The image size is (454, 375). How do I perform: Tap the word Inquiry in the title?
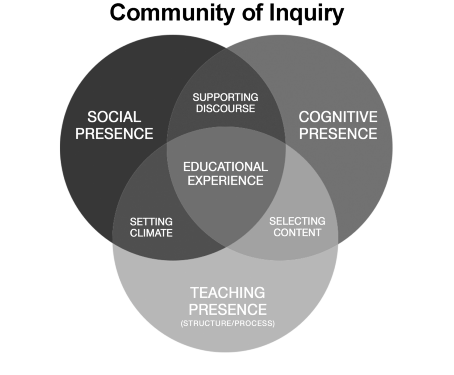tap(306, 13)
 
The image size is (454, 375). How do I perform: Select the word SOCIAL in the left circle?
tap(114, 117)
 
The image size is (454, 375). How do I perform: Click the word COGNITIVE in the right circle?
tap(338, 117)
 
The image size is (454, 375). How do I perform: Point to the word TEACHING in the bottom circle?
tap(227, 293)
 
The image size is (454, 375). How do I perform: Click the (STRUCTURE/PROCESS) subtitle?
tap(227, 324)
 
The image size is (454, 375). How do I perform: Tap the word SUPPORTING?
tap(225, 97)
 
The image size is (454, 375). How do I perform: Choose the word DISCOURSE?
tap(225, 109)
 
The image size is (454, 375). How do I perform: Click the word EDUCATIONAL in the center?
tap(225, 167)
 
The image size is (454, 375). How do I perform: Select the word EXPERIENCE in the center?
tap(225, 181)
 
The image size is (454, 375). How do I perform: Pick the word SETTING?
tap(151, 222)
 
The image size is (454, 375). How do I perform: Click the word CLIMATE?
tap(151, 233)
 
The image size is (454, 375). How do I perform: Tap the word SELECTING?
tap(297, 221)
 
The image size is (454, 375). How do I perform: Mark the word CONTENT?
tap(297, 232)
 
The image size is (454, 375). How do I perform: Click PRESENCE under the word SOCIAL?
tap(114, 133)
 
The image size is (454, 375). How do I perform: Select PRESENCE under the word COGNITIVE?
tap(338, 133)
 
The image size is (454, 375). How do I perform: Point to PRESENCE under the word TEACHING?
tap(227, 309)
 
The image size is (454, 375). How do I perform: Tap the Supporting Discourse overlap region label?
tap(225, 103)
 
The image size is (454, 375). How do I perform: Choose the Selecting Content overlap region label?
tap(297, 227)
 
